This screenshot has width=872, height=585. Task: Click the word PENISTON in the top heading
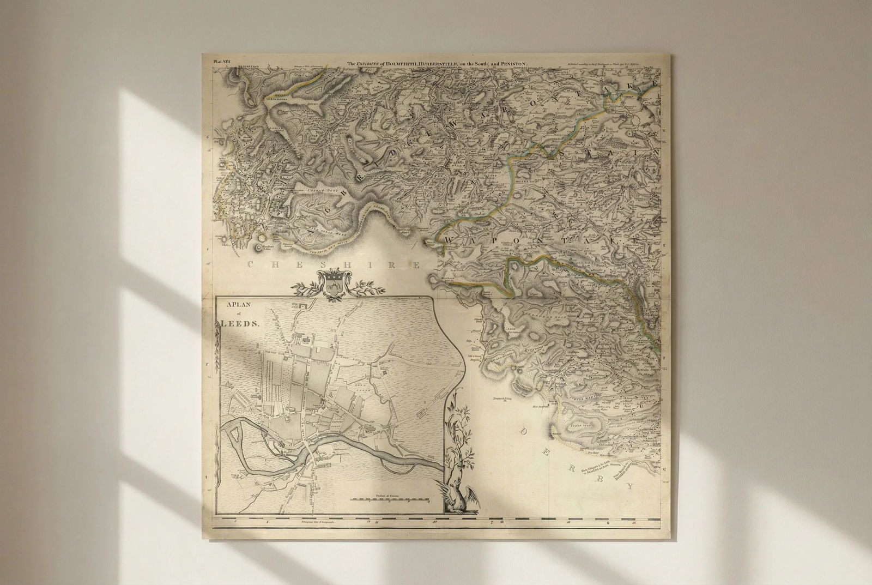coord(512,64)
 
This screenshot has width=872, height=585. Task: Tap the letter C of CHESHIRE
coord(252,266)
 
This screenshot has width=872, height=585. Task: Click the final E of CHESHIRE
coord(415,266)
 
